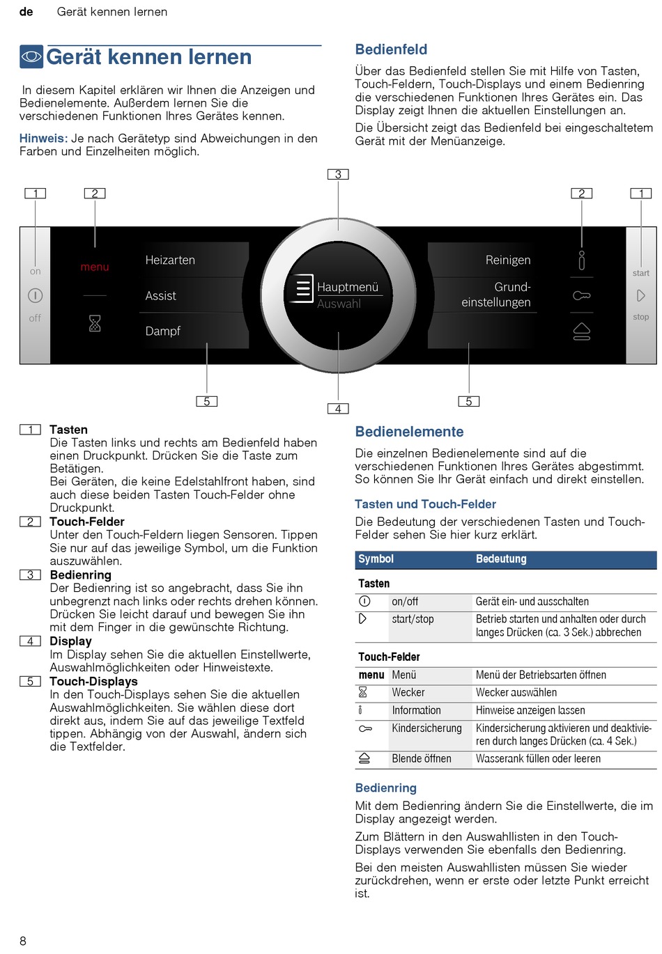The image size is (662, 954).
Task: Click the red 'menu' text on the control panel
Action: tap(95, 267)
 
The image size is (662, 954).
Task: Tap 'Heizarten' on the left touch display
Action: tap(170, 260)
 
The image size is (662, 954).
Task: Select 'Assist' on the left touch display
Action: tap(161, 296)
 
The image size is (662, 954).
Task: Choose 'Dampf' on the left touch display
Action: tap(163, 331)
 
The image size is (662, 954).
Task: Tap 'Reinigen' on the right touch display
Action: tap(508, 260)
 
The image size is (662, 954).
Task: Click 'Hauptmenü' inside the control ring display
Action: tap(347, 287)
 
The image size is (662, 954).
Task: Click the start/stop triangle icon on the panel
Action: tap(641, 296)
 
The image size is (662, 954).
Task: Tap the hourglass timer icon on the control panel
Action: tap(95, 323)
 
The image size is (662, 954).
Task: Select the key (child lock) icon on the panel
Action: tap(581, 296)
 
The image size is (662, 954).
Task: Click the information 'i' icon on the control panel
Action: tap(581, 260)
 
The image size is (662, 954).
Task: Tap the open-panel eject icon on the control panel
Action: tap(581, 331)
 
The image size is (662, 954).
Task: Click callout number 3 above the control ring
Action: tap(338, 175)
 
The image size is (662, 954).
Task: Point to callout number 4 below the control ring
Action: tap(338, 409)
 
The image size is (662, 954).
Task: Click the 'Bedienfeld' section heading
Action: tap(391, 49)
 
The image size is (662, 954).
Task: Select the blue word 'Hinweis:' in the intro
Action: tap(43, 139)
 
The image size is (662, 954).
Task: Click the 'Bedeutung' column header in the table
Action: tap(501, 559)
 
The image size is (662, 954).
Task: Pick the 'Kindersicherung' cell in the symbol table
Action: tap(426, 728)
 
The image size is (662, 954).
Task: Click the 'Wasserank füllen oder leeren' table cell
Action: tap(538, 759)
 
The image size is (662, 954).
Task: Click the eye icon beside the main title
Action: tap(31, 56)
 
